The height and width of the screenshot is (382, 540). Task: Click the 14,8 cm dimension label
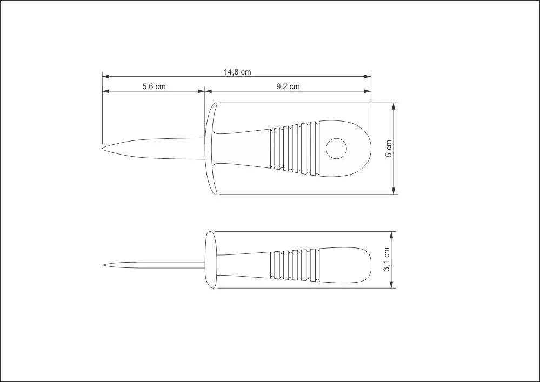click(237, 72)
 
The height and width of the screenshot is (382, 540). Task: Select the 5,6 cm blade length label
click(154, 86)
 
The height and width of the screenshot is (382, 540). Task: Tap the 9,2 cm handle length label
click(288, 86)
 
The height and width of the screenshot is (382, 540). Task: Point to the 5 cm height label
click(389, 149)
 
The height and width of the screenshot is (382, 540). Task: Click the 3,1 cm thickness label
click(386, 259)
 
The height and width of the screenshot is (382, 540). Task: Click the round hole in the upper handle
click(336, 149)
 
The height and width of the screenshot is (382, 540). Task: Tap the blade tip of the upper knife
click(103, 149)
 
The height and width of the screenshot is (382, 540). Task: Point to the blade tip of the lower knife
click(103, 265)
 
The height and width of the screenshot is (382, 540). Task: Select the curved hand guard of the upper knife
click(210, 149)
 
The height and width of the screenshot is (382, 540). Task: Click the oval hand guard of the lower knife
click(211, 260)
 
